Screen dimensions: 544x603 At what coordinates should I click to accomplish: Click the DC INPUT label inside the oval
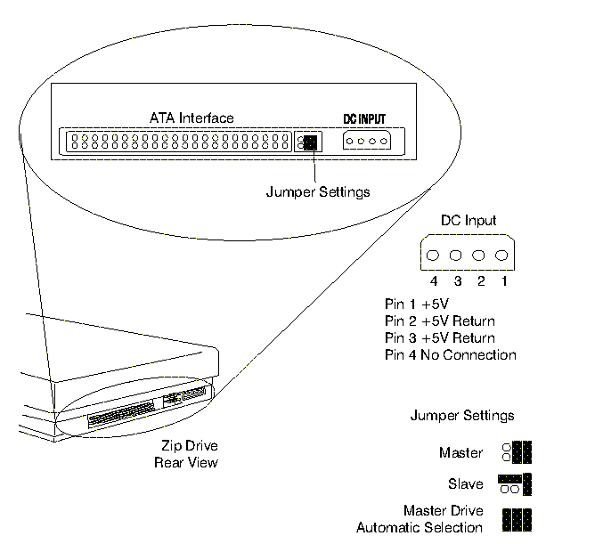(365, 118)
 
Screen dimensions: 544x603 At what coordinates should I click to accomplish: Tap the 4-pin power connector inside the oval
(366, 142)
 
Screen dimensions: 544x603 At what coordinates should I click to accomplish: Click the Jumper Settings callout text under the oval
(318, 191)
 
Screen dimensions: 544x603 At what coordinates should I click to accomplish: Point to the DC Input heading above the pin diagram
(469, 221)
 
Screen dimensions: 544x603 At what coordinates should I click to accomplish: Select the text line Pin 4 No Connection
(450, 355)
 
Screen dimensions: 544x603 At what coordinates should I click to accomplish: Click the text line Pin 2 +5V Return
(439, 321)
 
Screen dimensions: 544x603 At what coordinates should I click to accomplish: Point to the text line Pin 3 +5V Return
(439, 338)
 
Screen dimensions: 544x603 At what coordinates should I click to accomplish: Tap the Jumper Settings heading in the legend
(461, 416)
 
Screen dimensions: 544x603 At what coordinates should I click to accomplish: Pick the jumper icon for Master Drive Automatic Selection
(517, 520)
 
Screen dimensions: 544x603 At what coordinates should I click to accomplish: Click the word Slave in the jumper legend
(466, 484)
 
